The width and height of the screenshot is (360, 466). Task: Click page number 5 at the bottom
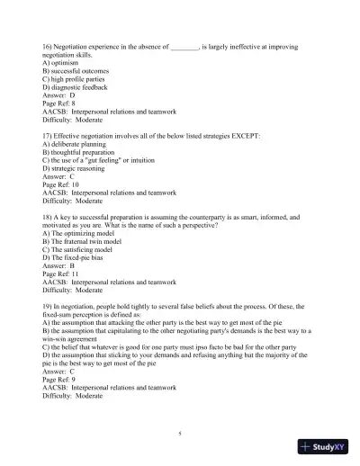(x=180, y=434)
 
